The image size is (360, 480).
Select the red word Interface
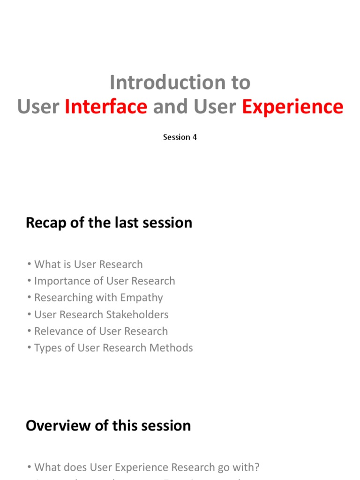pyautogui.click(x=106, y=107)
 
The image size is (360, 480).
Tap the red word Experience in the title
pyautogui.click(x=292, y=107)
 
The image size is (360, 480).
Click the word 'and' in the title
pyautogui.click(x=168, y=107)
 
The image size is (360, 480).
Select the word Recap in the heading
pyautogui.click(x=43, y=223)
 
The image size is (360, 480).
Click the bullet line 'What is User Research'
pyautogui.click(x=88, y=264)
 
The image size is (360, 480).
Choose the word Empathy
pyautogui.click(x=141, y=298)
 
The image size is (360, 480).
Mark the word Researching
pyautogui.click(x=64, y=298)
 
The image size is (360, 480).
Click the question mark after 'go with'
pyautogui.click(x=257, y=467)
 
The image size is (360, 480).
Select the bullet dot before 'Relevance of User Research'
pyautogui.click(x=30, y=331)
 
